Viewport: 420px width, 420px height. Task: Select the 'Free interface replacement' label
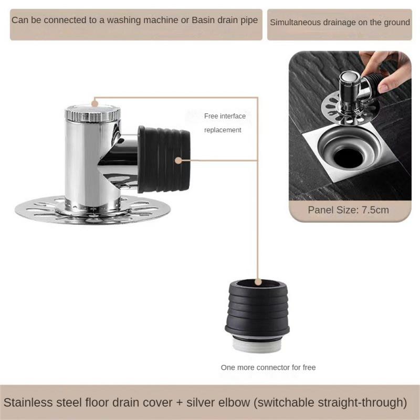(225, 123)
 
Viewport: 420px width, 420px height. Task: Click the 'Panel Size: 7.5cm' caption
(348, 210)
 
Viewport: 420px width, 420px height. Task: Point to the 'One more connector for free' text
(268, 367)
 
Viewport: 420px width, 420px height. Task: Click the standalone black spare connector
(257, 304)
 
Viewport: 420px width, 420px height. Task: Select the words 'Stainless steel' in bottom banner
(35, 403)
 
